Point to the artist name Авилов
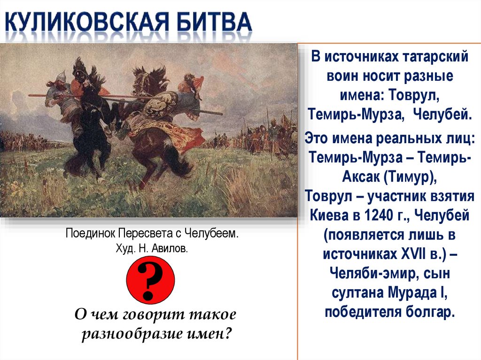(x=171, y=247)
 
